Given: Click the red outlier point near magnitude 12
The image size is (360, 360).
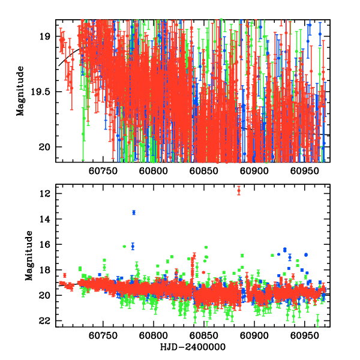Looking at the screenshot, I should point(239,191).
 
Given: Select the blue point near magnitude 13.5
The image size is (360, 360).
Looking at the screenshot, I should point(134,212).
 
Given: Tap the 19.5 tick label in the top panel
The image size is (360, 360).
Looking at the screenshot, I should point(43,92).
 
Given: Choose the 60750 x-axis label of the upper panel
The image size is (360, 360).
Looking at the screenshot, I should point(103,170).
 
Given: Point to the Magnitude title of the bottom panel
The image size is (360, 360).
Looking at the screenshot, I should point(29,257).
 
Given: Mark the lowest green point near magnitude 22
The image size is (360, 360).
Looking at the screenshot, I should point(317,320).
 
